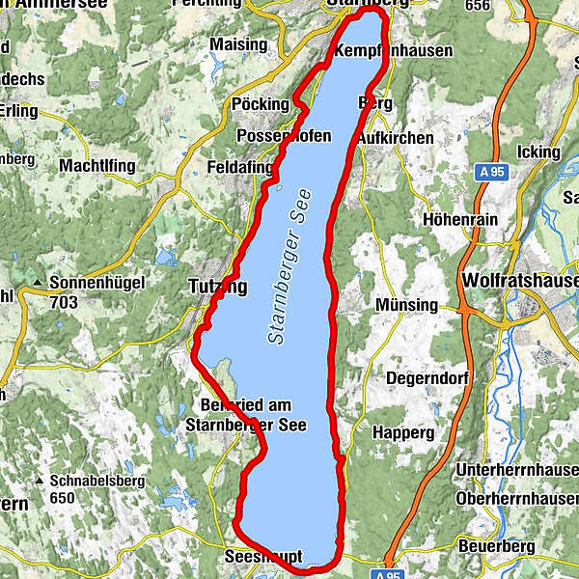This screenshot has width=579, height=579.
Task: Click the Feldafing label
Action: (240, 167)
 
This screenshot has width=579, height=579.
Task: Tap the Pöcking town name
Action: (261, 104)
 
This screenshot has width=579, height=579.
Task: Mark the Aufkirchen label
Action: (395, 138)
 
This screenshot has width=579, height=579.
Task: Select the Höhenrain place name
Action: (460, 219)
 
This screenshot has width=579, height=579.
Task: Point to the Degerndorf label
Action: (427, 379)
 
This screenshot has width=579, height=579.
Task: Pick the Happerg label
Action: (402, 433)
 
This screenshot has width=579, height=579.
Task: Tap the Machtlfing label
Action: (97, 167)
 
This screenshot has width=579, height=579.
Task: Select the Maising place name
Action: (238, 44)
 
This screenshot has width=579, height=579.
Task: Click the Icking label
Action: (538, 152)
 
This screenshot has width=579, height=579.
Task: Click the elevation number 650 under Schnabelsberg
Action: (63, 498)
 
